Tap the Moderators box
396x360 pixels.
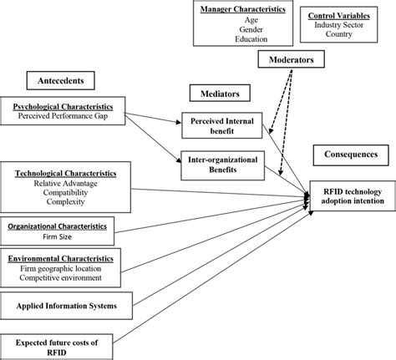point(292,59)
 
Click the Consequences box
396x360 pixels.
point(350,155)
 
